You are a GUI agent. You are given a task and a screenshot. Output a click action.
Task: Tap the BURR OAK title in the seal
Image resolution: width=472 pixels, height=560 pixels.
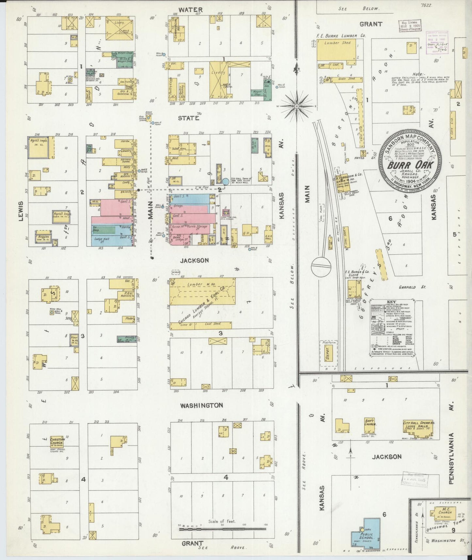[410, 165]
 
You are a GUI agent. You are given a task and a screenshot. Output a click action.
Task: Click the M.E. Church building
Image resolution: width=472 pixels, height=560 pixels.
[443, 514]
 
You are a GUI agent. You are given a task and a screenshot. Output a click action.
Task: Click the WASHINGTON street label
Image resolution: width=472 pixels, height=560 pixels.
[202, 405]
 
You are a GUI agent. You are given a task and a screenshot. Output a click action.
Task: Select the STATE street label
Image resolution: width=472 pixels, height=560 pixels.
[188, 118]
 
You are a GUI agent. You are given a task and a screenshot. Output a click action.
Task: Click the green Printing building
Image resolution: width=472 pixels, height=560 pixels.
[127, 339]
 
